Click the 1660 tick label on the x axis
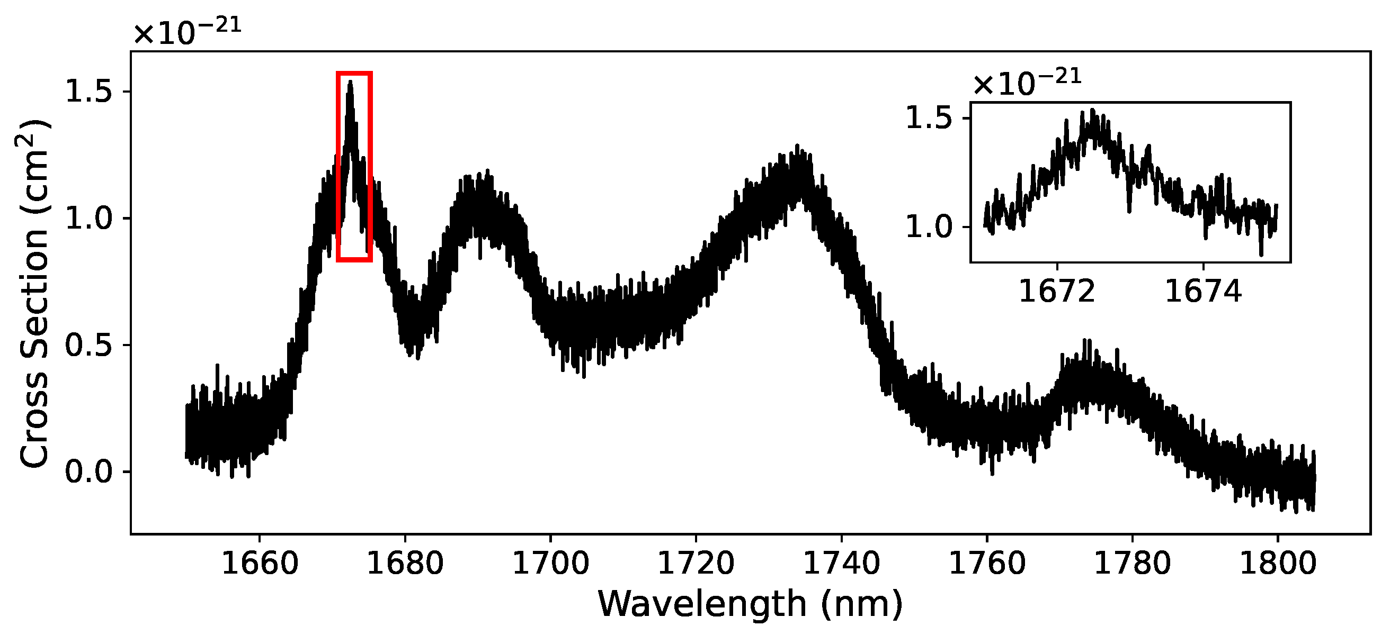[x=260, y=564]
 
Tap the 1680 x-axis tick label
[x=405, y=564]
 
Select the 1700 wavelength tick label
[x=550, y=564]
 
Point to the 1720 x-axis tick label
[x=696, y=564]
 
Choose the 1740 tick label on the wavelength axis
[x=841, y=564]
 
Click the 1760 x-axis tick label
[x=987, y=564]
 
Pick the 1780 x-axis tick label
[x=1132, y=564]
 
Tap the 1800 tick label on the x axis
[x=1277, y=564]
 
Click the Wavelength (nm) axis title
[x=750, y=604]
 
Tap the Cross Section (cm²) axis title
[x=33, y=294]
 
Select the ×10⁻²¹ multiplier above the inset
[x=1027, y=84]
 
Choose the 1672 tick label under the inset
[x=1057, y=292]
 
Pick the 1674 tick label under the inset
[x=1204, y=292]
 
